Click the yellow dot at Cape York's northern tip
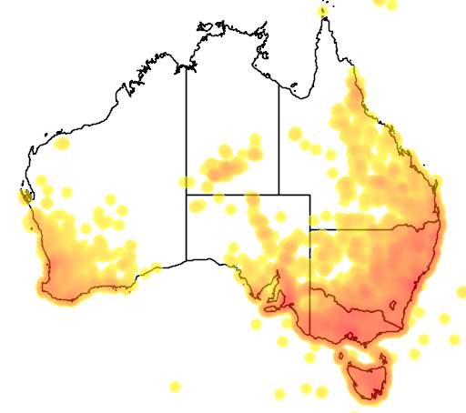pyautogui.click(x=322, y=11)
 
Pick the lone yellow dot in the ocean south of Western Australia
pyautogui.click(x=175, y=387)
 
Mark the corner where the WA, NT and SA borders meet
pyautogui.click(x=187, y=194)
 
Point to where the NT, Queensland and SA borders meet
pyautogui.click(x=279, y=194)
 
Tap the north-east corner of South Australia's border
pyautogui.click(x=309, y=195)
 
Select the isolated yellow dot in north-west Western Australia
pyautogui.click(x=62, y=144)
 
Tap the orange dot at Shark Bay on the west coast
pyautogui.click(x=25, y=195)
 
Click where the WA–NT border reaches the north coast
pyautogui.click(x=187, y=66)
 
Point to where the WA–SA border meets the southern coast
pyautogui.click(x=187, y=260)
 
